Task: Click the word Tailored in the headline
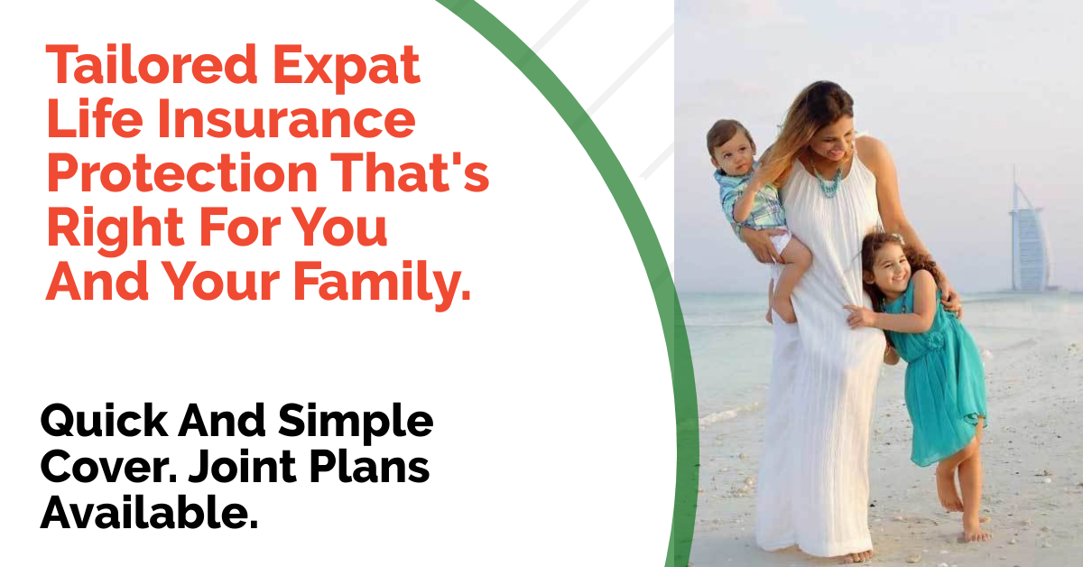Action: pos(152,65)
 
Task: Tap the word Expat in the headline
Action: pos(347,69)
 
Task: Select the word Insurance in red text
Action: pos(286,118)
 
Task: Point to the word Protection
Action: pos(182,172)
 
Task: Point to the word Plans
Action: pos(369,468)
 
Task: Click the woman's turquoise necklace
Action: pos(828,179)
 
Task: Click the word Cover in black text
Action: pos(109,468)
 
